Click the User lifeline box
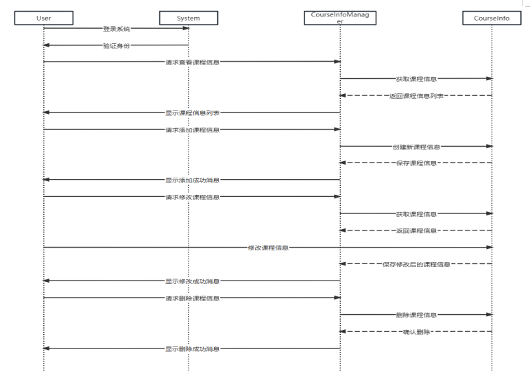pos(43,19)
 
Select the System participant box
pos(189,19)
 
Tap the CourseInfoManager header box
pos(340,18)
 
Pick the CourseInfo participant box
pos(492,19)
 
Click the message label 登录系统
pos(116,29)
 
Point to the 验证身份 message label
pos(116,45)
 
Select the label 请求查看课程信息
pos(192,62)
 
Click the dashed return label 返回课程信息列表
pos(416,95)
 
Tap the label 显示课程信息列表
pos(192,112)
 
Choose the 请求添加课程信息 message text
pos(192,129)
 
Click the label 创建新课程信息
pos(416,146)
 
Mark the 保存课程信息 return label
pos(416,163)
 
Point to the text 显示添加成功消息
pos(192,180)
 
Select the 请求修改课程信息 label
pos(192,197)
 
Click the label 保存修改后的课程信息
pos(416,264)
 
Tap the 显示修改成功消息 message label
pos(192,281)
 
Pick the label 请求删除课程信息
pos(192,298)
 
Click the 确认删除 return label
pos(416,331)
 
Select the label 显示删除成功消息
pos(192,348)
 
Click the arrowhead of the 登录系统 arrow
pos(185,29)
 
